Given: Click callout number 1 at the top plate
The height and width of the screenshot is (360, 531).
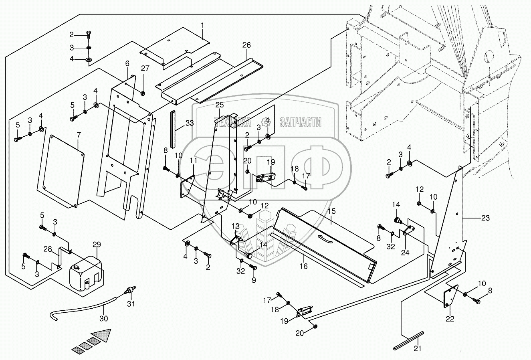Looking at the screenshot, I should (x=202, y=25).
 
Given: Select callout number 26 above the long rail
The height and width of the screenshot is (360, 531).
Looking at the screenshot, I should (x=246, y=45).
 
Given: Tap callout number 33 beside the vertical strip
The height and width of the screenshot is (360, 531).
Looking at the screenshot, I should (x=190, y=123).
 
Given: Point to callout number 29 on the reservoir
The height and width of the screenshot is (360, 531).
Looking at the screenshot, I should (x=97, y=245).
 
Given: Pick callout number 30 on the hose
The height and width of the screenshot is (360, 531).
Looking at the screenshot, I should (x=103, y=319).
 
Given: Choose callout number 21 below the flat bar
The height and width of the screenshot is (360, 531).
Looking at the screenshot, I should (x=418, y=349).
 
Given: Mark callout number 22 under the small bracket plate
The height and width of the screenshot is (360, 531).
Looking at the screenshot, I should (x=450, y=319).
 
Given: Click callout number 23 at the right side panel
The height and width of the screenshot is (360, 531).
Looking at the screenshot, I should (x=485, y=218).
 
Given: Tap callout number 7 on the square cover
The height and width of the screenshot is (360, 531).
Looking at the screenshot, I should (x=79, y=133).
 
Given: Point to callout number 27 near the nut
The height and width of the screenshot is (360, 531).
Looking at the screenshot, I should (x=144, y=68).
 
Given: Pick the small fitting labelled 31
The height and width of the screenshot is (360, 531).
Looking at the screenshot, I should (x=129, y=289).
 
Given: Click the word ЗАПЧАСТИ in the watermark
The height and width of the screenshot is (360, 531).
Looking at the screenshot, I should (x=300, y=122).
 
